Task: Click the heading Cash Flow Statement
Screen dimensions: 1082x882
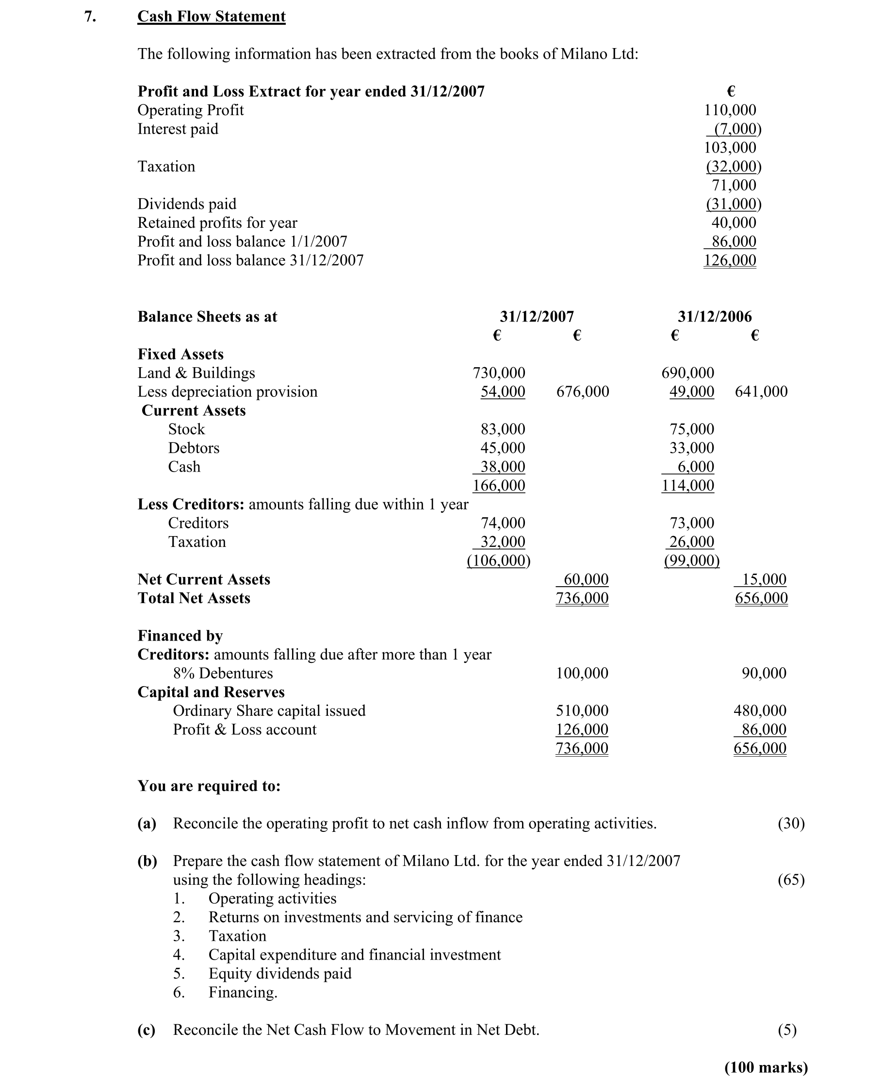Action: point(212,17)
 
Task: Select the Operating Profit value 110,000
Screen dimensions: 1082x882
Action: point(730,110)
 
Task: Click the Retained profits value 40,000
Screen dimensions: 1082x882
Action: point(734,222)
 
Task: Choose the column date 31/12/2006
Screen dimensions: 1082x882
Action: point(714,316)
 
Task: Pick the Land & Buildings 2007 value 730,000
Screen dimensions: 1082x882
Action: point(499,372)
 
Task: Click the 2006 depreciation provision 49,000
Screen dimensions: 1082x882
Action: point(691,391)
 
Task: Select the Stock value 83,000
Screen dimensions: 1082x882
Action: point(503,429)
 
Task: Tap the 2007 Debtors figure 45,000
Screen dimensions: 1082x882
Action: point(503,448)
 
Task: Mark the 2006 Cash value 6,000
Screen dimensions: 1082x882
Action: point(696,467)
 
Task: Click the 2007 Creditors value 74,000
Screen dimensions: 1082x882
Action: point(503,523)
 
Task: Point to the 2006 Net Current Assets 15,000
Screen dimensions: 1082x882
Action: point(764,579)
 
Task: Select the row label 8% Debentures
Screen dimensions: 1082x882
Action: point(223,673)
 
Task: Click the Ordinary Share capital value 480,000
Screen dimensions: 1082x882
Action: point(760,710)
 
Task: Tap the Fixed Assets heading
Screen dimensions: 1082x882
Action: point(180,354)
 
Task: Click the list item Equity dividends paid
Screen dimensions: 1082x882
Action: point(280,973)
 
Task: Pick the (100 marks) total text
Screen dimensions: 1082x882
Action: point(766,1067)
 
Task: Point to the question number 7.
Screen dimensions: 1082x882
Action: point(90,17)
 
